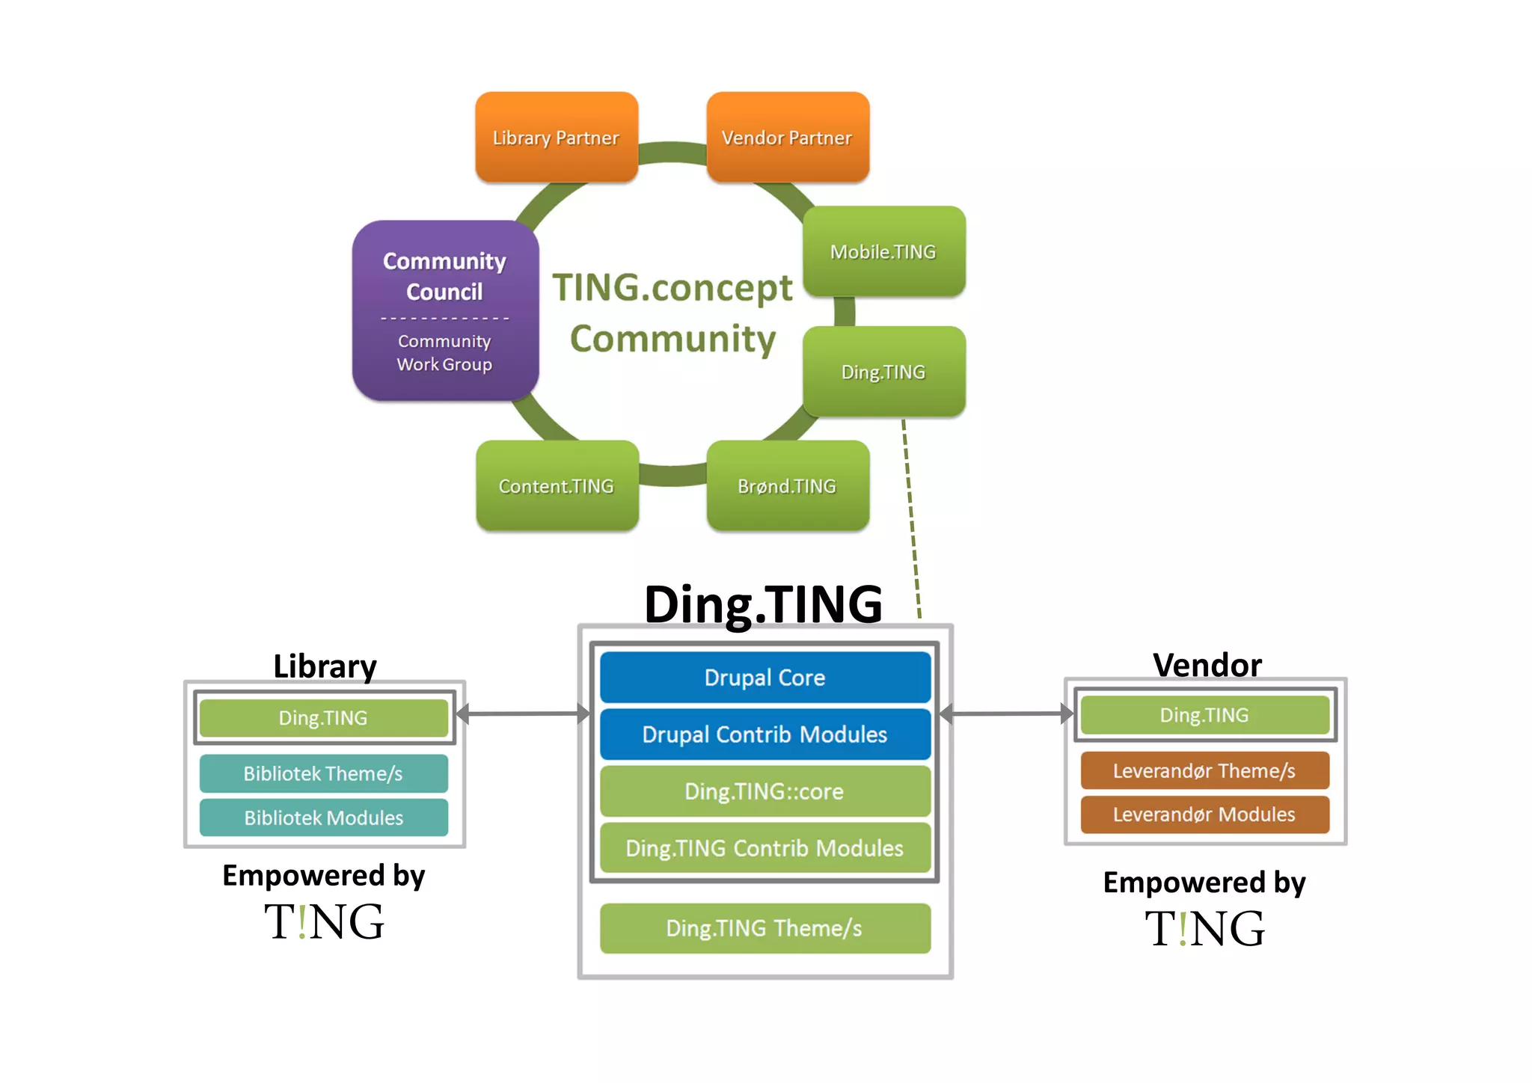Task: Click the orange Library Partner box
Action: (x=557, y=138)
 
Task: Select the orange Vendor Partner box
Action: (x=788, y=138)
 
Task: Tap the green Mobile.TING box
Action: (x=883, y=252)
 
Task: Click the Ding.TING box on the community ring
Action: (x=883, y=372)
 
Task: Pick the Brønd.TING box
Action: (x=788, y=486)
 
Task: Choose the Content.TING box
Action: (x=557, y=486)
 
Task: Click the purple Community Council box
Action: (x=445, y=277)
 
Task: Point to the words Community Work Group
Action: (x=445, y=353)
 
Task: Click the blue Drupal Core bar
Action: (x=765, y=678)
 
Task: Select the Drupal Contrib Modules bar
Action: (x=765, y=734)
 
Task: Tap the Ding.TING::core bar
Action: (x=765, y=791)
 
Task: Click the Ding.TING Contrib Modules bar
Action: (x=765, y=848)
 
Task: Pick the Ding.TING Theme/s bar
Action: (x=765, y=928)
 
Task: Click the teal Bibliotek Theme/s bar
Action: (x=324, y=773)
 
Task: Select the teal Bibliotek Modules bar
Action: (x=324, y=817)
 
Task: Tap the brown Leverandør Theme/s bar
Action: (x=1204, y=770)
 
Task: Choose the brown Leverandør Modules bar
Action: (x=1204, y=814)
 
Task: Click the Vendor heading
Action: (x=1207, y=665)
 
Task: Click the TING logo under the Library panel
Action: (x=324, y=921)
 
